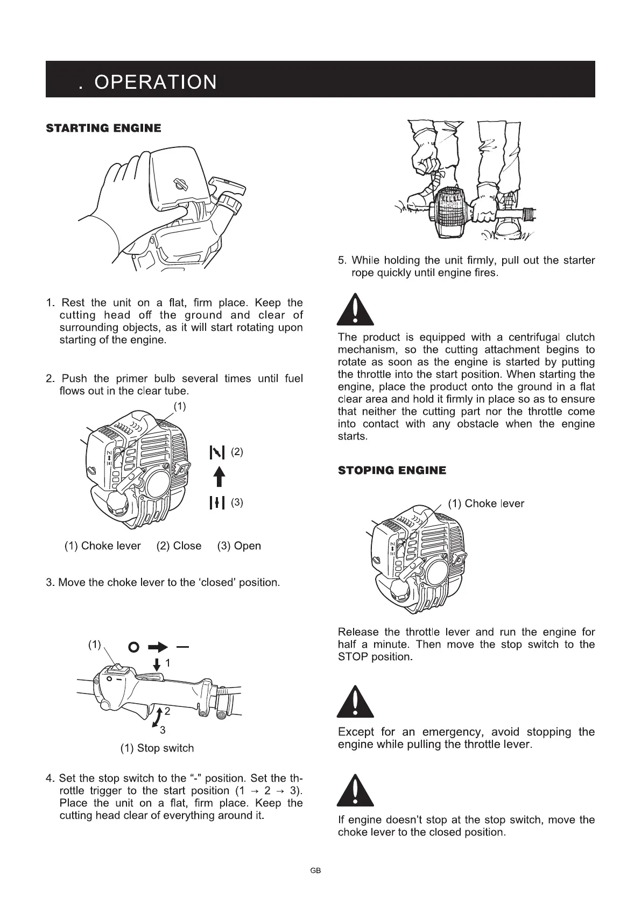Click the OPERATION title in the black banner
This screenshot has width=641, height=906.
(156, 82)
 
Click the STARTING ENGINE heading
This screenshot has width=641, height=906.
(104, 128)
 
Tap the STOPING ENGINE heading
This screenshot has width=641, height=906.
(392, 471)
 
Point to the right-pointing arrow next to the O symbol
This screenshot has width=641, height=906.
(158, 646)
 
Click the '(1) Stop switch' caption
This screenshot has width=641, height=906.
(157, 748)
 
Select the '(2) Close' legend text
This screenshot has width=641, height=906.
(179, 546)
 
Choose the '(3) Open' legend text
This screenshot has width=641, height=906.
(239, 546)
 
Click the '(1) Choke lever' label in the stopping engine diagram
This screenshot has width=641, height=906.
(485, 504)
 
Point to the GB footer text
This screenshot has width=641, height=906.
(315, 870)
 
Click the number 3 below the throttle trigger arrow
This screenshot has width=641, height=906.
(163, 730)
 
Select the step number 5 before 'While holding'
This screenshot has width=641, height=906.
(342, 261)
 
